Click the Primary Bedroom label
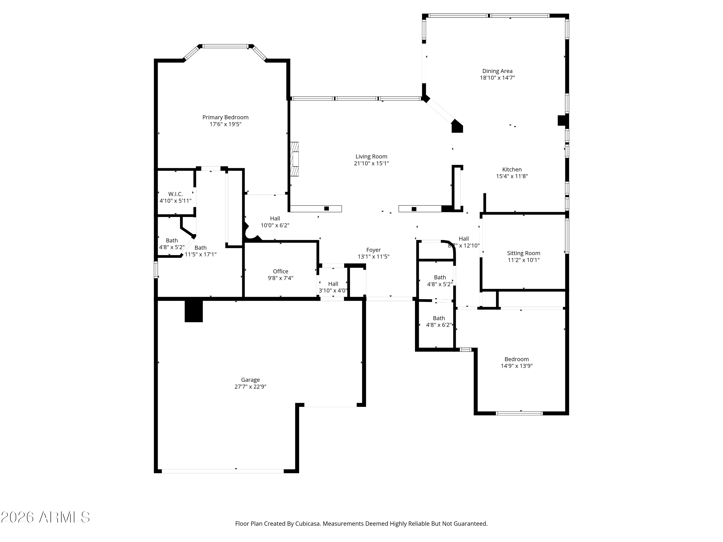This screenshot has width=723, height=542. click(225, 117)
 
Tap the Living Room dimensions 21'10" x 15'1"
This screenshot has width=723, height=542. click(371, 163)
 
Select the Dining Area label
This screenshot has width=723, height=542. click(497, 71)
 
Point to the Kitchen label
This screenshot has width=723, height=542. click(512, 170)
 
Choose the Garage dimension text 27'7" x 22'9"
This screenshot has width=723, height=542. click(250, 386)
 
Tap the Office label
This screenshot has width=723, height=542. click(281, 271)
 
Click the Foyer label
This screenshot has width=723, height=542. click(373, 250)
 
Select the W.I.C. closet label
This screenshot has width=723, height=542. click(175, 194)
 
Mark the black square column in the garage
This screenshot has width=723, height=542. click(194, 311)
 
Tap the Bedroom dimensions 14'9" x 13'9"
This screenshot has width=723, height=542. click(516, 366)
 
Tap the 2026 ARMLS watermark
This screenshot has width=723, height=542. click(46, 517)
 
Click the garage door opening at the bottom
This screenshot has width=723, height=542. click(223, 471)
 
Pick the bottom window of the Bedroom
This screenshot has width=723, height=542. click(519, 413)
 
